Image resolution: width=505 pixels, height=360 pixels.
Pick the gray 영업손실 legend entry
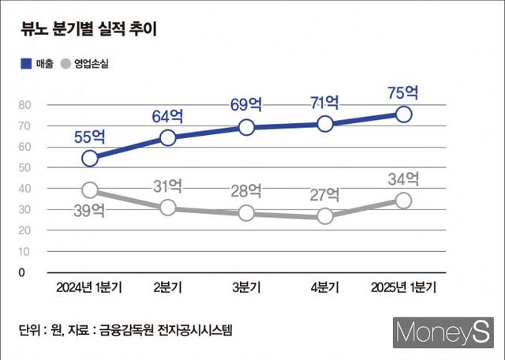(84, 65)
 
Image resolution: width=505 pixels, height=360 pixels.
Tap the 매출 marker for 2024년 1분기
(90, 158)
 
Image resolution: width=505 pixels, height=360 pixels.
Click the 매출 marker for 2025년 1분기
(403, 114)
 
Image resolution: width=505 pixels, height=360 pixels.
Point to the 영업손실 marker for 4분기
(324, 216)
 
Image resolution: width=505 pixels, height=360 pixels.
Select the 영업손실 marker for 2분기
(168, 208)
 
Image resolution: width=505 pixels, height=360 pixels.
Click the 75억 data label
(403, 92)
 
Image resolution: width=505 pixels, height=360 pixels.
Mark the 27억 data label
(324, 193)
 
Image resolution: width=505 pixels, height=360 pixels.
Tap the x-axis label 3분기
(246, 287)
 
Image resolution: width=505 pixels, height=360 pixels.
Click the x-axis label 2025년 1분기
(403, 287)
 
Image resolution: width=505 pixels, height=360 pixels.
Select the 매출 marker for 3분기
(246, 127)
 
